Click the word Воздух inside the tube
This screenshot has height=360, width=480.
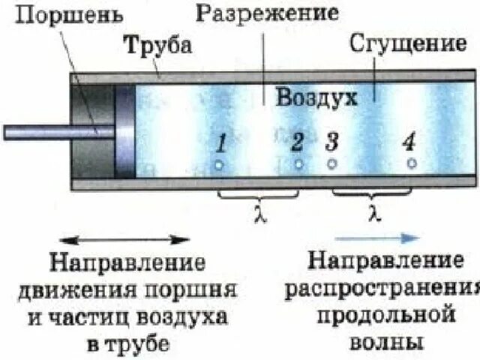coord(315,97)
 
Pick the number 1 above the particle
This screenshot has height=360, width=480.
coord(220,142)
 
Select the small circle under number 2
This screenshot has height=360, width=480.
coord(298,163)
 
